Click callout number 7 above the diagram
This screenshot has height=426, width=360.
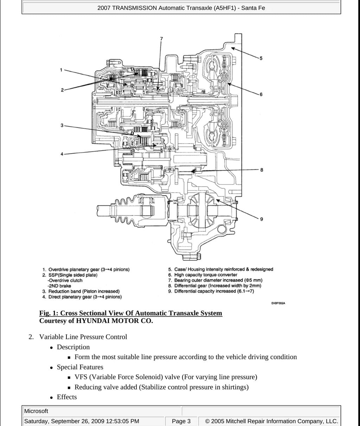click(x=161, y=39)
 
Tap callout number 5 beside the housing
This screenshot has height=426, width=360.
click(x=261, y=58)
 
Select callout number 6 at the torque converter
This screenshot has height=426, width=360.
click(x=261, y=94)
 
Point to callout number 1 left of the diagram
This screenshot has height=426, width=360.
click(x=61, y=70)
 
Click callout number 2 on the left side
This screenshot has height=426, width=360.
click(x=62, y=90)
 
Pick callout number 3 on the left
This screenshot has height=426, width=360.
click(x=62, y=125)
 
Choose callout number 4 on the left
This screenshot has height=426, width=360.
click(x=62, y=154)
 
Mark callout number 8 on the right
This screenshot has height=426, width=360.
click(x=262, y=170)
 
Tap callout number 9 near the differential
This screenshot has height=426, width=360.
click(x=262, y=219)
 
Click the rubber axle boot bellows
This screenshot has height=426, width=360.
click(x=124, y=211)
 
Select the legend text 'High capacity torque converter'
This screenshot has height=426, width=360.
click(x=206, y=275)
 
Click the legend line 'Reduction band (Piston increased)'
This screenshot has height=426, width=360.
click(x=84, y=291)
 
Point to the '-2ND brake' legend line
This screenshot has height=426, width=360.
click(x=59, y=286)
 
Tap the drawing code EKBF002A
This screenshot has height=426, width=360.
click(x=278, y=303)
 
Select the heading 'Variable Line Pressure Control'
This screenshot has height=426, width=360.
click(x=83, y=337)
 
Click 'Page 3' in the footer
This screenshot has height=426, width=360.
click(x=181, y=421)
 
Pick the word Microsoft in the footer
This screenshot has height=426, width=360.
click(x=36, y=411)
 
